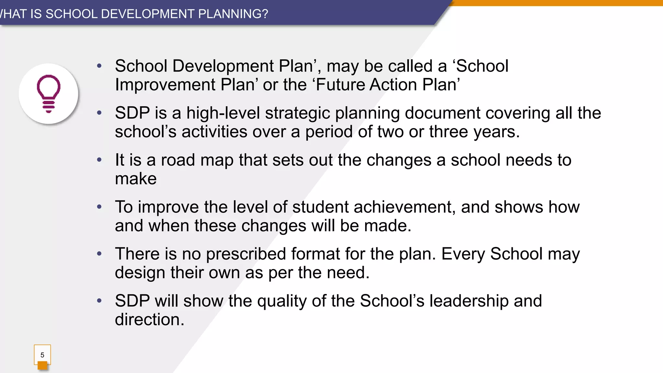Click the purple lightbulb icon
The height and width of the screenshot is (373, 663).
(49, 94)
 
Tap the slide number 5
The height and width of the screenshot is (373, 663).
(42, 355)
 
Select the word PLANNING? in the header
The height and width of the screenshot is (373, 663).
(233, 14)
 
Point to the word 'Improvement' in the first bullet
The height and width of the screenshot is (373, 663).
(165, 85)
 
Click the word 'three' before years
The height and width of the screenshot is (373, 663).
(448, 132)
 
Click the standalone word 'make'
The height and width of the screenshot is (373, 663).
(136, 179)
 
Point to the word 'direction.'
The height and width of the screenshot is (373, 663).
(150, 320)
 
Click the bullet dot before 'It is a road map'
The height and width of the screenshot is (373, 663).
(99, 160)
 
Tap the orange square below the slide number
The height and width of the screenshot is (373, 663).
(42, 366)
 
